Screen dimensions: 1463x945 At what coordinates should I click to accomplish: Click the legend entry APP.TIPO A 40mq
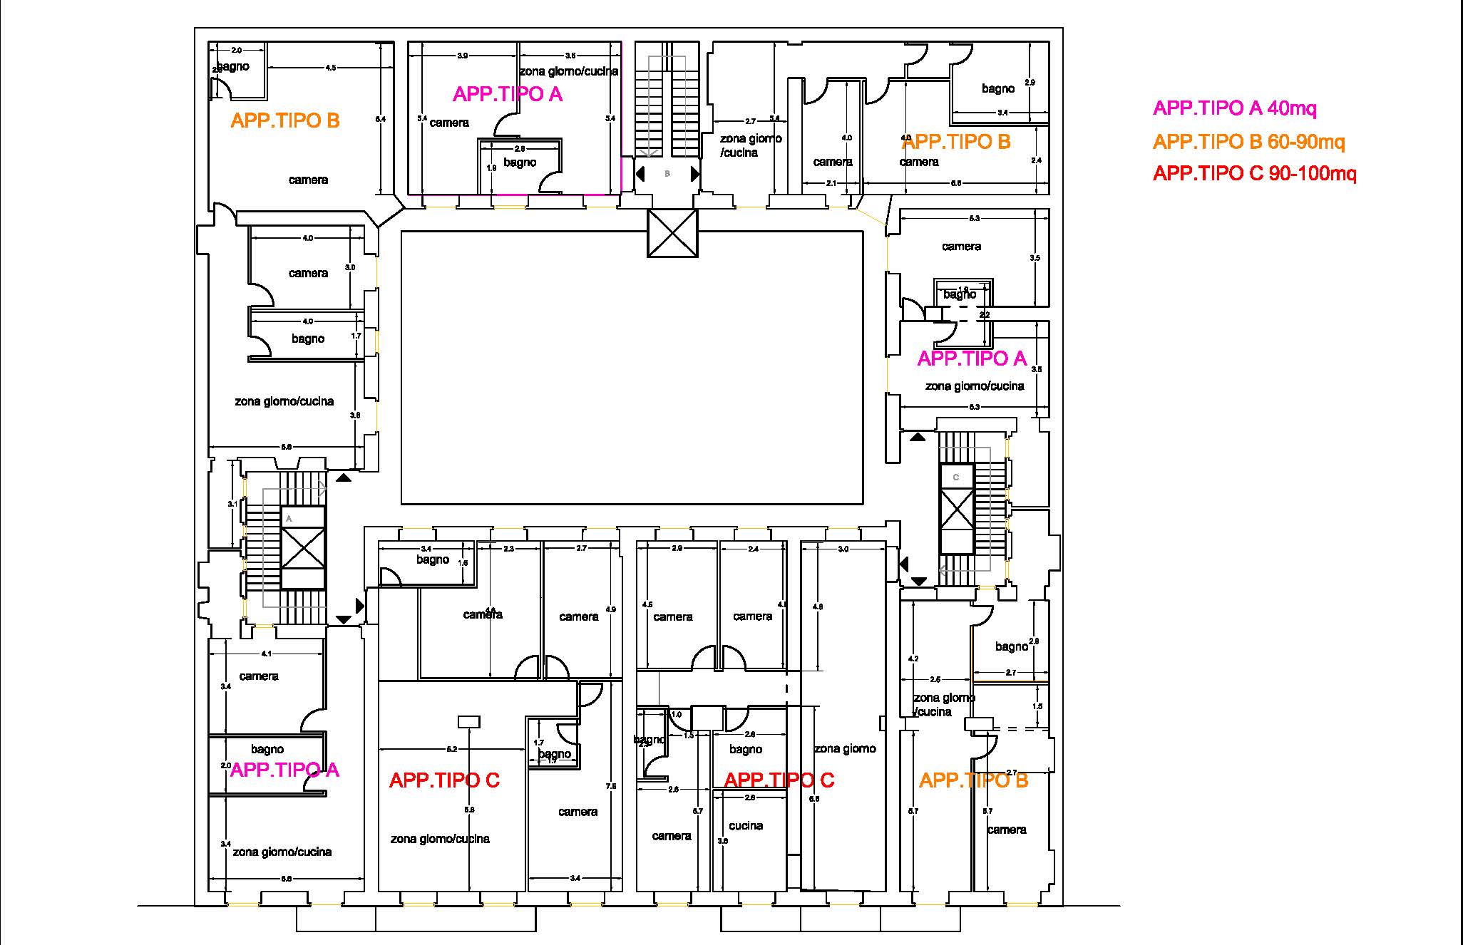[x=1234, y=108]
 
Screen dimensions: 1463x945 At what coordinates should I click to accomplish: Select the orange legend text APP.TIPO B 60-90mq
[x=1248, y=142]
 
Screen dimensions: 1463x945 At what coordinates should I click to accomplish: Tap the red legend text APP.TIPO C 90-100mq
[x=1254, y=173]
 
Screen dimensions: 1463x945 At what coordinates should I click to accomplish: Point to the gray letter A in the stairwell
[x=289, y=519]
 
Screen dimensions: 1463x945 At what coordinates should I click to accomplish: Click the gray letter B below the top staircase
[x=667, y=173]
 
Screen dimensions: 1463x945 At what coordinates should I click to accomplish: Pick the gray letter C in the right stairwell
[x=956, y=477]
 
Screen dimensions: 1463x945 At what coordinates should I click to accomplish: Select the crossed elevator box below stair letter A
[x=304, y=547]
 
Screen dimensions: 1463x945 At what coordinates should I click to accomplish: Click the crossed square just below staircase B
[x=672, y=233]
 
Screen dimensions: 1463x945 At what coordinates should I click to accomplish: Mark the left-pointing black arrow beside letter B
[x=640, y=173]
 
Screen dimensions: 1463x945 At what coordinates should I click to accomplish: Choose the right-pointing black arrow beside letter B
[x=695, y=173]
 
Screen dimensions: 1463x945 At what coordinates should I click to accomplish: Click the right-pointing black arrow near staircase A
[x=360, y=606]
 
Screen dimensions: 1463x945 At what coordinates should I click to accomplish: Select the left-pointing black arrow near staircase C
[x=904, y=564]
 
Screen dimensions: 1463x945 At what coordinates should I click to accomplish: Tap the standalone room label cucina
[x=746, y=826]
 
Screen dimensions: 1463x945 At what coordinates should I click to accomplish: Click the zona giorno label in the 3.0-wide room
[x=845, y=748]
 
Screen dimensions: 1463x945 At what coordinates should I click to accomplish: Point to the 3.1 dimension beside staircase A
[x=232, y=504]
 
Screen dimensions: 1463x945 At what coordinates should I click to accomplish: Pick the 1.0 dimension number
[x=677, y=714]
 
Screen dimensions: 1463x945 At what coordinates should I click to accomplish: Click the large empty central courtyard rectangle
[x=632, y=367]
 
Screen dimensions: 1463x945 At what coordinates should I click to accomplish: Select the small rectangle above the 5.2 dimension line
[x=468, y=722]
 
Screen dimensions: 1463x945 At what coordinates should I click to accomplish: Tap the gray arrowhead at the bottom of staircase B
[x=649, y=153]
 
